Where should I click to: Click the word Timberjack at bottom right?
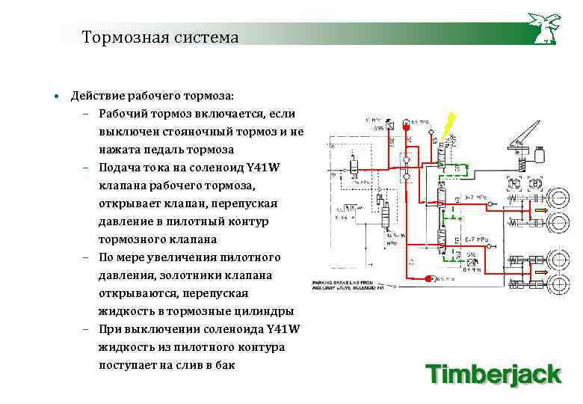tap(493, 373)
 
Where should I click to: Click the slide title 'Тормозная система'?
tap(160, 37)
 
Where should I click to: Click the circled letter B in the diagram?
tap(535, 183)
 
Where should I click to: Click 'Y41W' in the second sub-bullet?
tap(262, 168)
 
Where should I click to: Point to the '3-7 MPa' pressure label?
tap(475, 198)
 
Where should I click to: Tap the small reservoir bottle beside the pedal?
tap(537, 154)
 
